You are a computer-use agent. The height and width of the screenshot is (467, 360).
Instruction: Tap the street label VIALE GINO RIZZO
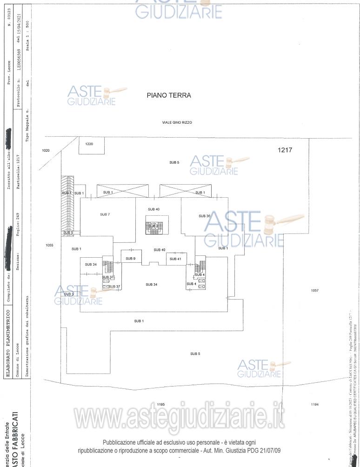click(177, 122)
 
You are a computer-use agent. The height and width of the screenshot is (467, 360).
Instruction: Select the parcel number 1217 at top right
click(285, 150)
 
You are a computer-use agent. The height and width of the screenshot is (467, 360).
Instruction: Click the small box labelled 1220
click(89, 144)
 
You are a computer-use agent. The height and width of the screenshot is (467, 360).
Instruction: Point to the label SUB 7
click(105, 214)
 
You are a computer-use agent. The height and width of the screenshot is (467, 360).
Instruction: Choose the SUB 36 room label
click(205, 216)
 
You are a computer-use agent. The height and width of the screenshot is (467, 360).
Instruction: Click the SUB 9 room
click(131, 258)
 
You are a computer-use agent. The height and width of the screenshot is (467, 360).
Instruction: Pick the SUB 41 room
click(175, 259)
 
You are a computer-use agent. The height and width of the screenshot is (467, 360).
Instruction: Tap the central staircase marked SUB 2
click(154, 226)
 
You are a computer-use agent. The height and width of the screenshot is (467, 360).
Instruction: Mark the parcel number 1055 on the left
click(49, 245)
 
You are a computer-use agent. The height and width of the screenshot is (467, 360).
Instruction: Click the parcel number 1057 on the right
click(314, 290)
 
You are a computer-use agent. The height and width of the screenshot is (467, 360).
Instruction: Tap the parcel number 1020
click(46, 151)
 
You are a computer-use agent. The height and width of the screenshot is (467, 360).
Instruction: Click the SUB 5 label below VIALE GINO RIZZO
click(174, 162)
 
